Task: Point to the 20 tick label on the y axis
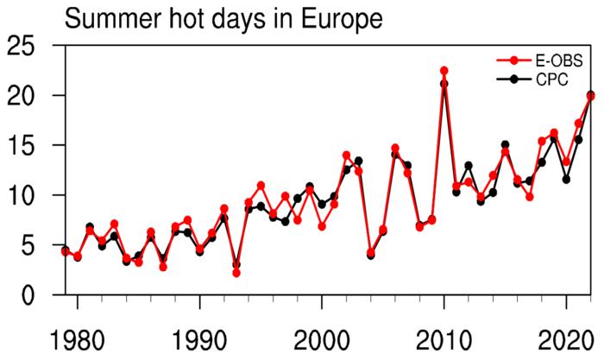25,95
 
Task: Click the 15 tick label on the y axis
25,145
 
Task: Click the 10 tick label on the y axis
25,195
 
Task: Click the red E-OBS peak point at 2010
444,71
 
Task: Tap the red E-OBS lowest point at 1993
236,273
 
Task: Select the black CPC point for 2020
566,180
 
